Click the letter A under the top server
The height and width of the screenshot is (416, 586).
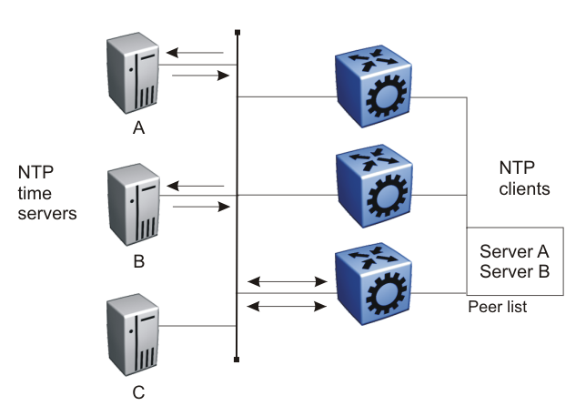click(x=138, y=128)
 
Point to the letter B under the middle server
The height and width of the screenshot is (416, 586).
click(x=139, y=262)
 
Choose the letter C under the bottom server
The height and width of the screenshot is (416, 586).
click(x=138, y=393)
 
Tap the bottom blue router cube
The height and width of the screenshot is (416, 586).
click(x=374, y=287)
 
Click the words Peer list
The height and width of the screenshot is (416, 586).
click(x=497, y=308)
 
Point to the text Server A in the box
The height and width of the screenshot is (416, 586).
click(x=514, y=251)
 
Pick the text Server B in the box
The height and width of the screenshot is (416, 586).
click(x=514, y=271)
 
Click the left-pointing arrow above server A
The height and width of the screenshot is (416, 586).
click(x=197, y=53)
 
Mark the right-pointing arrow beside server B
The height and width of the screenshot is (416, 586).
click(x=198, y=208)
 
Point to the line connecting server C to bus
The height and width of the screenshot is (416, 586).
click(x=200, y=326)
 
